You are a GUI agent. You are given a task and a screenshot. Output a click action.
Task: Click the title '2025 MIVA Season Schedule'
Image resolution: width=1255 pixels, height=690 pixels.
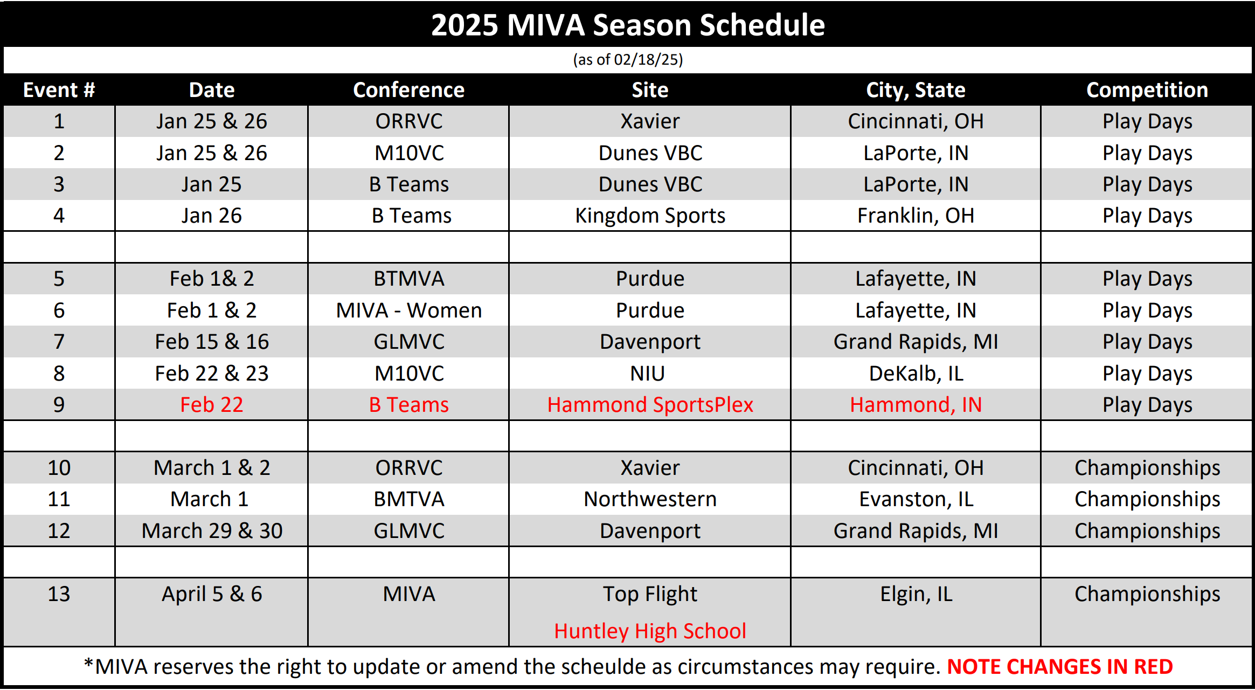628,25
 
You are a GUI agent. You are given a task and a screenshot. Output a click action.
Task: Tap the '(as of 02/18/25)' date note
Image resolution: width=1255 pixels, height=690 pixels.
628,59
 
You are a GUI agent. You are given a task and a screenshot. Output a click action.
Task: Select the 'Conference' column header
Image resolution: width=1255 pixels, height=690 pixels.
408,90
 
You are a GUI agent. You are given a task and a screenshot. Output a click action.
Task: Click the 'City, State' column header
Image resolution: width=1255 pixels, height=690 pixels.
916,90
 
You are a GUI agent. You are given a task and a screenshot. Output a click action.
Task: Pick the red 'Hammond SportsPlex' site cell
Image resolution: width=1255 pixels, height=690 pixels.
650,405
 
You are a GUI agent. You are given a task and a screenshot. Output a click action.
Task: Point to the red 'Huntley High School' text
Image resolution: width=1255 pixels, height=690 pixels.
650,631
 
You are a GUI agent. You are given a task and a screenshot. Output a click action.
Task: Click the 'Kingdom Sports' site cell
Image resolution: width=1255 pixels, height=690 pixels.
650,216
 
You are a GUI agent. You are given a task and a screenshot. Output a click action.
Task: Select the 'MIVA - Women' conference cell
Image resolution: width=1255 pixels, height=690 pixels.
408,310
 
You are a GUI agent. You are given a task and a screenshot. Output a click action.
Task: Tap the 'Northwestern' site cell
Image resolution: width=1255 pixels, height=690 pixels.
650,499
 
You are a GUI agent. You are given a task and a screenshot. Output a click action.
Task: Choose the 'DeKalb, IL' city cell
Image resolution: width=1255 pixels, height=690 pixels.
916,374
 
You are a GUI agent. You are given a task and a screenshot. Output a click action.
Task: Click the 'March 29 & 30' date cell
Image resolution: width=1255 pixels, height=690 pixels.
212,531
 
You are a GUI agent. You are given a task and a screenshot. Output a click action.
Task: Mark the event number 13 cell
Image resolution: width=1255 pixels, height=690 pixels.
59,594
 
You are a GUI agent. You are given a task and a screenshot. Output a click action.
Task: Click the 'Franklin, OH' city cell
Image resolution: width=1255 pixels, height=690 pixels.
916,216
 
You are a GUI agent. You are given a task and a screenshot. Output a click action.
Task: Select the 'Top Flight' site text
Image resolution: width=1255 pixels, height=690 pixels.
650,594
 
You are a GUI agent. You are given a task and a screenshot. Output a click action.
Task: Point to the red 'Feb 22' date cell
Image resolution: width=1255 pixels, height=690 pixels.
212,405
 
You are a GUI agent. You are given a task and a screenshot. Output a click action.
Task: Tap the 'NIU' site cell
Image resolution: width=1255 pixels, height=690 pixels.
648,374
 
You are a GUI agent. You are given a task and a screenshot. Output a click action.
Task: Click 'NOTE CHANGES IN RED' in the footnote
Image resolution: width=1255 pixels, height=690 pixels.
1060,667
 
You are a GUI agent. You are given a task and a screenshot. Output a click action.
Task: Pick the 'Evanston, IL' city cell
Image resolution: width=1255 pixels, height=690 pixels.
916,499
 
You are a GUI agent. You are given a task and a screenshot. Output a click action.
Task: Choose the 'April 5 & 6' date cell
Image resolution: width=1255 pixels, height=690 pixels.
212,594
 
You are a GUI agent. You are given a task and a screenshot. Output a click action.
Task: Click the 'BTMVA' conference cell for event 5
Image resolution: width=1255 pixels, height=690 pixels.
408,279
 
